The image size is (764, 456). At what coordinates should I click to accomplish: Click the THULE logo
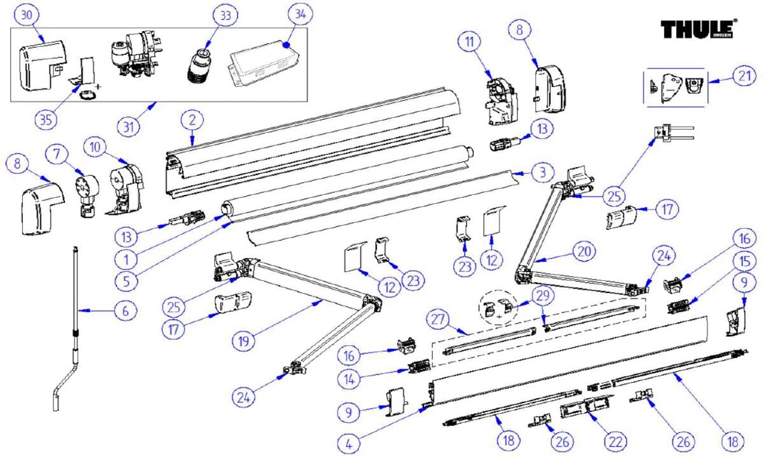tap(698, 29)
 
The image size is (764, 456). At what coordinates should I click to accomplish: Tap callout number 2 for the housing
tap(191, 119)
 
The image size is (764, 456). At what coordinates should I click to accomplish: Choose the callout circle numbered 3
tap(539, 171)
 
